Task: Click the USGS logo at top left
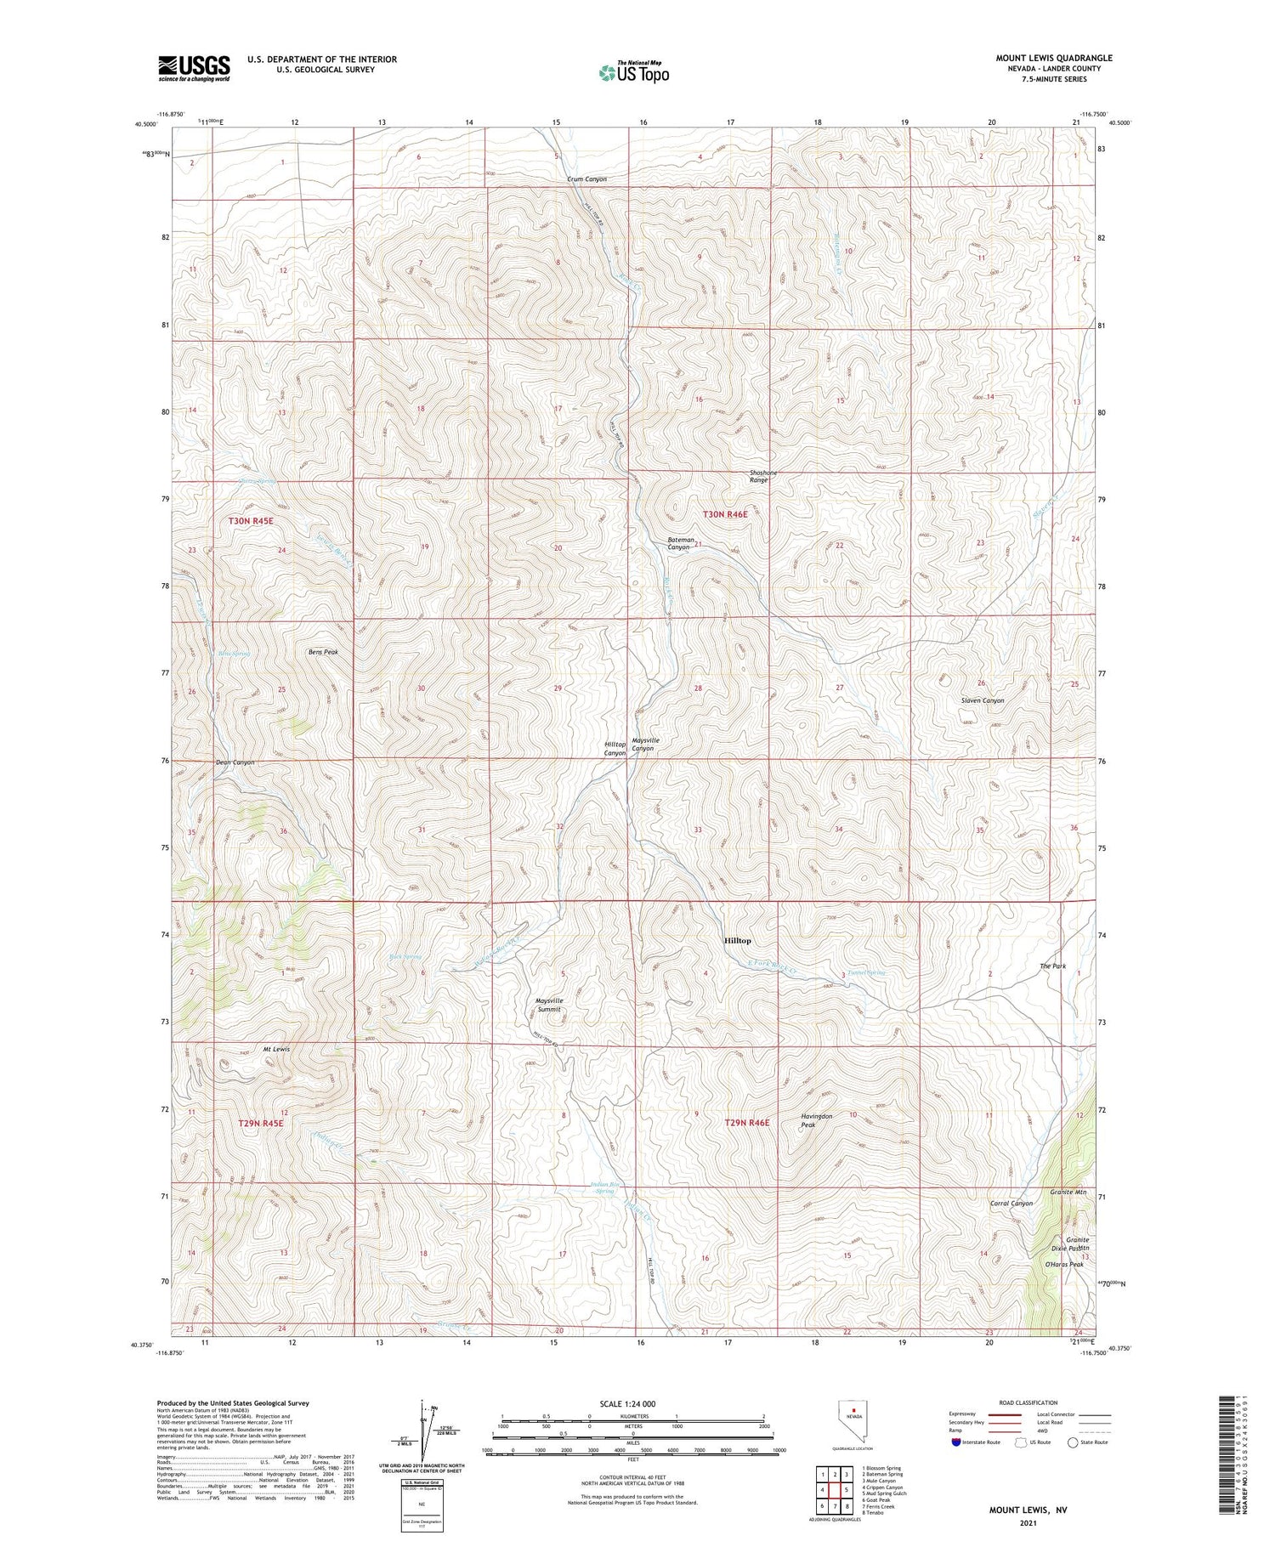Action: [x=194, y=68]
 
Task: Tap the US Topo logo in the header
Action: [x=633, y=73]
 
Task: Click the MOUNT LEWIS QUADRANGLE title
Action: [x=1054, y=58]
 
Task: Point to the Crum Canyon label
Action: [x=587, y=179]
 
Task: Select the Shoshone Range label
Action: [x=758, y=477]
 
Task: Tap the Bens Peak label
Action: [x=322, y=652]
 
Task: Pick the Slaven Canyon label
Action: [x=982, y=700]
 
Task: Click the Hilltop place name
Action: [x=737, y=941]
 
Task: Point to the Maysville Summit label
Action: [x=549, y=1005]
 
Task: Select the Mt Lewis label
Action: [x=275, y=1049]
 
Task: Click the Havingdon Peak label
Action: [x=816, y=1120]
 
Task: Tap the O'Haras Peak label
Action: [x=1064, y=1264]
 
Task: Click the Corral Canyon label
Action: [x=1011, y=1204]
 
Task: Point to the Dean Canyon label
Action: [x=235, y=762]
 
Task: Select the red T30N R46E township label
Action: [x=725, y=514]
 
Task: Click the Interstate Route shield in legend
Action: [x=955, y=1442]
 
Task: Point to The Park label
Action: [x=1052, y=966]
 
